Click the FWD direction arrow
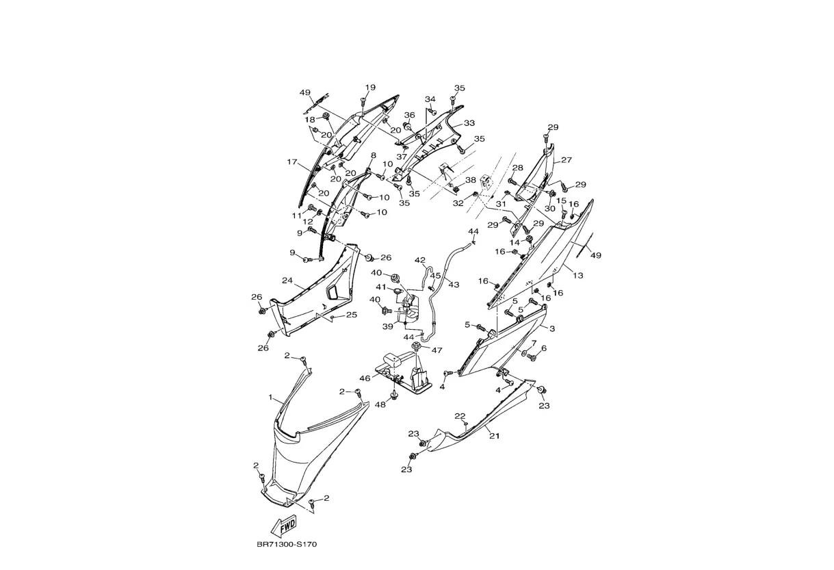[285, 525]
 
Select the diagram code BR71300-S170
[287, 545]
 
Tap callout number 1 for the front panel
[271, 398]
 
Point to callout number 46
[365, 378]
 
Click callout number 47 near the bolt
[436, 350]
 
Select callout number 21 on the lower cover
[494, 436]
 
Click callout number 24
[287, 281]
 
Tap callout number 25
[352, 315]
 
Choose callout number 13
[578, 276]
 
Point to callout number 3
[552, 328]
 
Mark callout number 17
[292, 162]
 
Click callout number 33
[469, 123]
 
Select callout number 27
[566, 160]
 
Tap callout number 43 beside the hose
[454, 285]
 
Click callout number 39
[388, 326]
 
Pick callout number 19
[370, 88]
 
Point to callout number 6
[544, 348]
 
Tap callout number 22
[460, 416]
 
